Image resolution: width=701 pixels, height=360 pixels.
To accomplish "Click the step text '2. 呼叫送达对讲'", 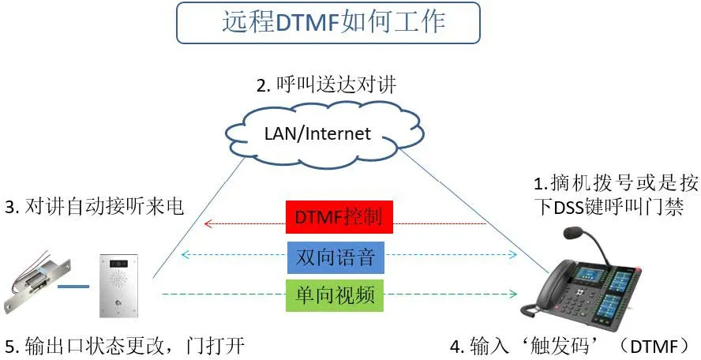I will [x=325, y=84].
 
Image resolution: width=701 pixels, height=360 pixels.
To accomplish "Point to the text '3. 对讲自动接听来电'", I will [x=93, y=207].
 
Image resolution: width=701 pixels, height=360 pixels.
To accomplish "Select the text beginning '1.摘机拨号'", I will [x=616, y=196].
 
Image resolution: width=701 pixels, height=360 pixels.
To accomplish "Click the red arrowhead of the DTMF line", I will [x=208, y=224].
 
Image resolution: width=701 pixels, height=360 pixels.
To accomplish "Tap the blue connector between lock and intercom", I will [x=74, y=287].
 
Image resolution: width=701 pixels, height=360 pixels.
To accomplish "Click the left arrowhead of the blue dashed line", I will [x=185, y=255].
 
